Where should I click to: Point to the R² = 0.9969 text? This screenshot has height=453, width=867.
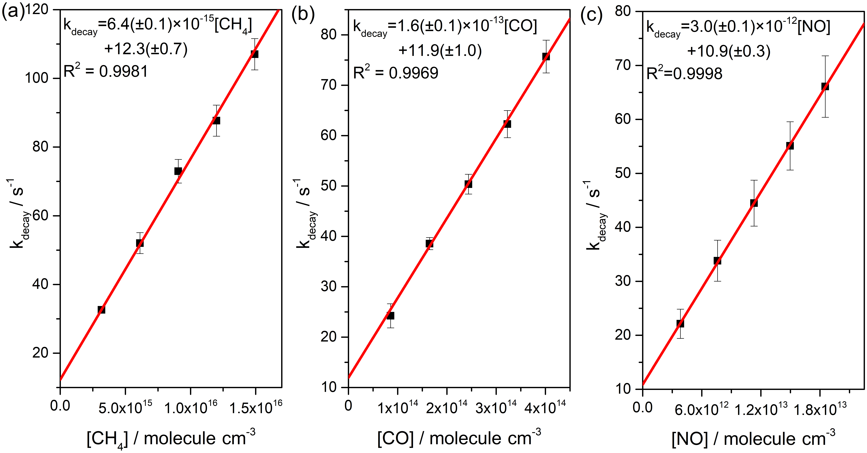point(395,73)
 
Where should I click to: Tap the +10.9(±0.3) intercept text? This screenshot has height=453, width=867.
point(729,51)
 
